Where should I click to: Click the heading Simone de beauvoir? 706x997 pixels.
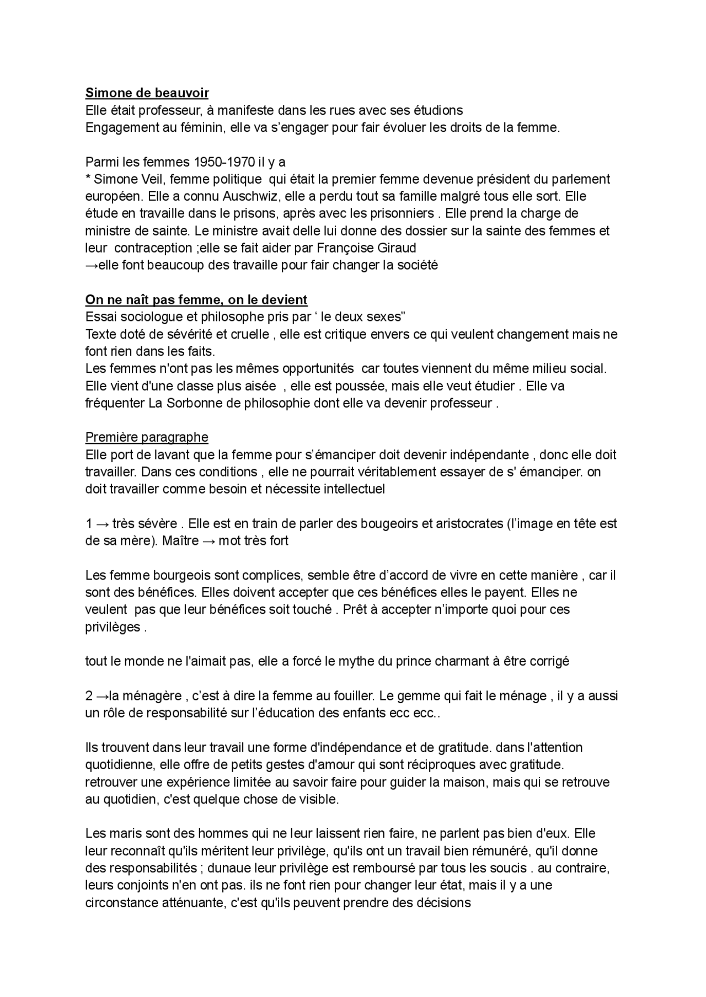point(147,93)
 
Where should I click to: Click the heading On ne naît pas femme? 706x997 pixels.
point(196,299)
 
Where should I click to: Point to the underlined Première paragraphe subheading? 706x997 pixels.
point(147,437)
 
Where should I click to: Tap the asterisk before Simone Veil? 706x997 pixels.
point(88,179)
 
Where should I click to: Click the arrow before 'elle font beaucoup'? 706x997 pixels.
point(92,265)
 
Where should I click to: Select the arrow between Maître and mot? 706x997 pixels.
point(208,541)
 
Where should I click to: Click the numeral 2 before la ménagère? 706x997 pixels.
point(89,696)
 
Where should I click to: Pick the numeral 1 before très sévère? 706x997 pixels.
point(89,524)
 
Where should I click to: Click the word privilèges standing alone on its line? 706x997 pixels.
point(113,627)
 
